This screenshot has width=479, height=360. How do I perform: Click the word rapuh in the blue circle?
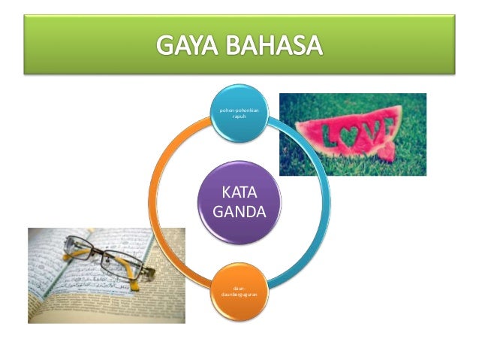(x=239, y=119)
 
